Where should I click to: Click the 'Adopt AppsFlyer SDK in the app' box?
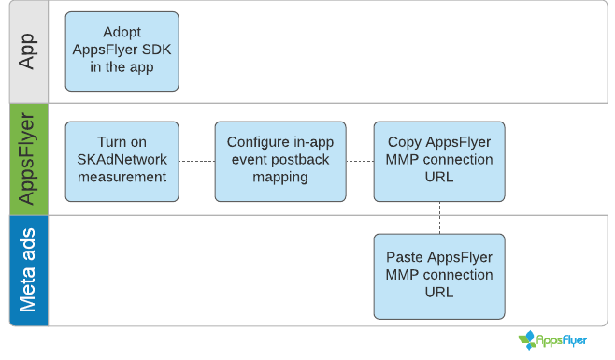[122, 51]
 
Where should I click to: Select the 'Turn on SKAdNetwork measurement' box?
[122, 161]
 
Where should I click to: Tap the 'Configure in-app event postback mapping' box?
[280, 161]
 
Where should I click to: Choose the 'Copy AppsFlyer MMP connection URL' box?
[438, 161]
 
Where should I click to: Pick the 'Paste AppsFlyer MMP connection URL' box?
[438, 275]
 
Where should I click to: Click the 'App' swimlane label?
[28, 51]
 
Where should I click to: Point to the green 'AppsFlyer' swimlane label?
[28, 159]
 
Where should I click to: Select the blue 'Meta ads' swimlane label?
[28, 270]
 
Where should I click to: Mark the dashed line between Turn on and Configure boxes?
[196, 161]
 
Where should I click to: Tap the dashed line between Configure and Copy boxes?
[360, 161]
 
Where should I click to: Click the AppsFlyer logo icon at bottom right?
[530, 339]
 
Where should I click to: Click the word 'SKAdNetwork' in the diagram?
[122, 160]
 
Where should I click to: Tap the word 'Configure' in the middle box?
[257, 142]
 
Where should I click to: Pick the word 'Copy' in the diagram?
[405, 142]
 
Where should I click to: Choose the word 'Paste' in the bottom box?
[407, 257]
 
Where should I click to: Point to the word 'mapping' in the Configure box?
[280, 178]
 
